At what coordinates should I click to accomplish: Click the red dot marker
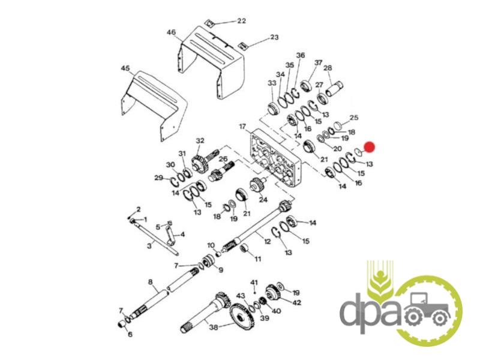[370, 147]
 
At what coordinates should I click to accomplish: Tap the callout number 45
[125, 68]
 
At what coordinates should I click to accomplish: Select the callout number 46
[172, 32]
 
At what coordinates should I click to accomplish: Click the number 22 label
[242, 21]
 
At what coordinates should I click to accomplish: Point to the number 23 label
[274, 37]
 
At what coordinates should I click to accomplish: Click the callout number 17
[242, 126]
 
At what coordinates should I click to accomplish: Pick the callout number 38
[214, 327]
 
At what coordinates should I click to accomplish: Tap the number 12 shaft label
[267, 242]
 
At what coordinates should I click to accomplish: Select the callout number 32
[200, 140]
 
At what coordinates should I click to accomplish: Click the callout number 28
[328, 68]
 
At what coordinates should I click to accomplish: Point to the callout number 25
[354, 117]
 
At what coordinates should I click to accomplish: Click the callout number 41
[254, 281]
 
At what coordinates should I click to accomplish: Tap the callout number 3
[149, 245]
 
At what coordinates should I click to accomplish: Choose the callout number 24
[263, 200]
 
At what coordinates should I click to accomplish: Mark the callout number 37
[319, 62]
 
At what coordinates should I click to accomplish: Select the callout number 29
[158, 178]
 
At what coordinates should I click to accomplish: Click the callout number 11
[258, 259]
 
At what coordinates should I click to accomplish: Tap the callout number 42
[296, 302]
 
